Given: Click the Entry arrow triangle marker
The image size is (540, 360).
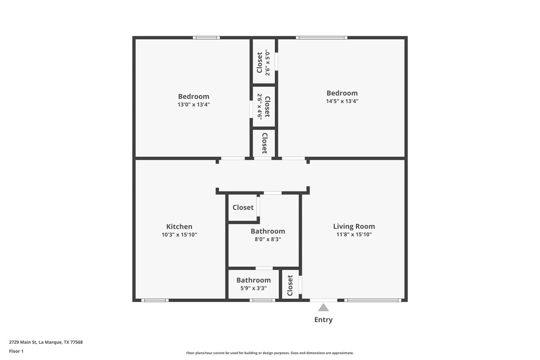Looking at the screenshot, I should coord(323,308).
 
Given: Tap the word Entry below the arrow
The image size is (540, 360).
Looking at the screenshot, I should coord(323,320).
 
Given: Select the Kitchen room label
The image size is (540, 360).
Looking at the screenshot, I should coord(179,226).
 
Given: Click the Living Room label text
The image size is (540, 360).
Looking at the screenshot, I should coord(354,226).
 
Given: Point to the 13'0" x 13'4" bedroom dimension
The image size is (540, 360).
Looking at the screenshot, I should coord(193,104).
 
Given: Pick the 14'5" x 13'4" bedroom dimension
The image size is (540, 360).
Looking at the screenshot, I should coord(342,101).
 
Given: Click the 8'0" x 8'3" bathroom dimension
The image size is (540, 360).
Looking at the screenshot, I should coord(268,239).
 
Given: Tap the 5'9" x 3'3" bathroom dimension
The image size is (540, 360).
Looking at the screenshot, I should coord(253,288).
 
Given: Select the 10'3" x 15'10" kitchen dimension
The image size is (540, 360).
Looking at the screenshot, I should coord(179,235).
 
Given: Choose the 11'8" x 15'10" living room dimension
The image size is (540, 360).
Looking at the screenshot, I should coord(354,235).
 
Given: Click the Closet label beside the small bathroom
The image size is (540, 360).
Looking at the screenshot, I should coord(290,285).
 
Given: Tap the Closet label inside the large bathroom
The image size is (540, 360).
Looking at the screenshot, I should coord(243,208).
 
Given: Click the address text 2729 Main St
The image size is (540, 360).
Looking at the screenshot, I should coord(46,342).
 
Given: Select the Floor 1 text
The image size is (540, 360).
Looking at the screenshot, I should coord(16,351).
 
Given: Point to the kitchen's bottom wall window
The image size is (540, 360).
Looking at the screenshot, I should coord(155,300).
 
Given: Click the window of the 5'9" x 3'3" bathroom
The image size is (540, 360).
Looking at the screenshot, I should coord(262,300).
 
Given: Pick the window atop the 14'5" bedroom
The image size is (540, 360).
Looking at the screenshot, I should coord(321,38).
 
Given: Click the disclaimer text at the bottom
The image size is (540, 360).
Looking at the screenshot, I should coord(270,353).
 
